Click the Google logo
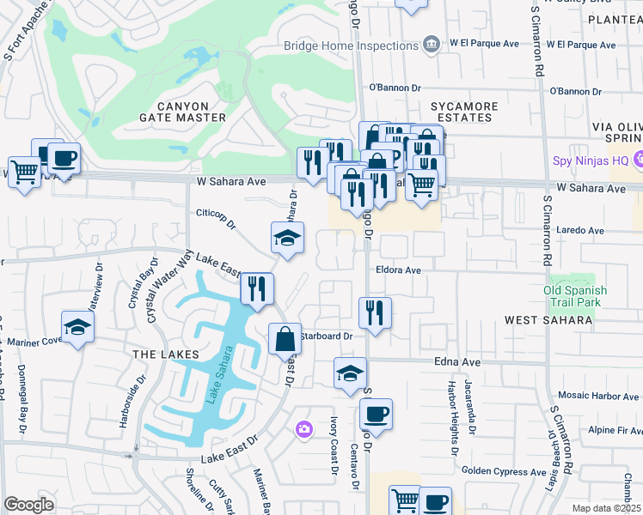click(x=28, y=505)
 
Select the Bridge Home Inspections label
click(x=351, y=45)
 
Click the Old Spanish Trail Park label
click(x=575, y=296)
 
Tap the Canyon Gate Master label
click(x=183, y=111)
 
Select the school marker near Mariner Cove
click(x=77, y=328)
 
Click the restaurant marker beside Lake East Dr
click(x=257, y=289)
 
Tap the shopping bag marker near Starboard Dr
click(x=285, y=339)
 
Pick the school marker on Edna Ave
click(x=350, y=373)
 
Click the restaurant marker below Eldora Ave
click(x=375, y=313)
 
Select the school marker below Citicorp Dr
click(x=288, y=239)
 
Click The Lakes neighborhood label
click(x=166, y=354)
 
